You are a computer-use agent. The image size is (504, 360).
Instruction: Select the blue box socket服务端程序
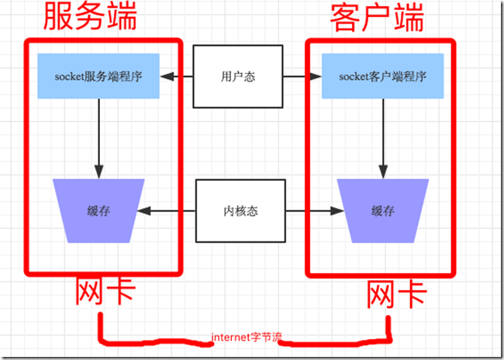98,76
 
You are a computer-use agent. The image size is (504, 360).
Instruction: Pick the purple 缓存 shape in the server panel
98,210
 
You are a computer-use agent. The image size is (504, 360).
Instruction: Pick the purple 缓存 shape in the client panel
382,210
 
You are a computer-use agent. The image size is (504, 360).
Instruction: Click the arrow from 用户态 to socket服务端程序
177,77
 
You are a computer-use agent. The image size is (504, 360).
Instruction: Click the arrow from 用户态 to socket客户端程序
301,77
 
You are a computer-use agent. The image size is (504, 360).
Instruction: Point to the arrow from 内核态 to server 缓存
167,210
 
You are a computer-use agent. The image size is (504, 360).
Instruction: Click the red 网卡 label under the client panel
395,295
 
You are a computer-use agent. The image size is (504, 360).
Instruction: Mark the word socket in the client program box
356,76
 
